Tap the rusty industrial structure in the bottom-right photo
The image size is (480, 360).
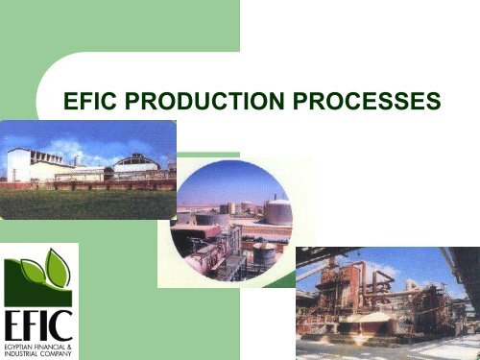click(x=355, y=288)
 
